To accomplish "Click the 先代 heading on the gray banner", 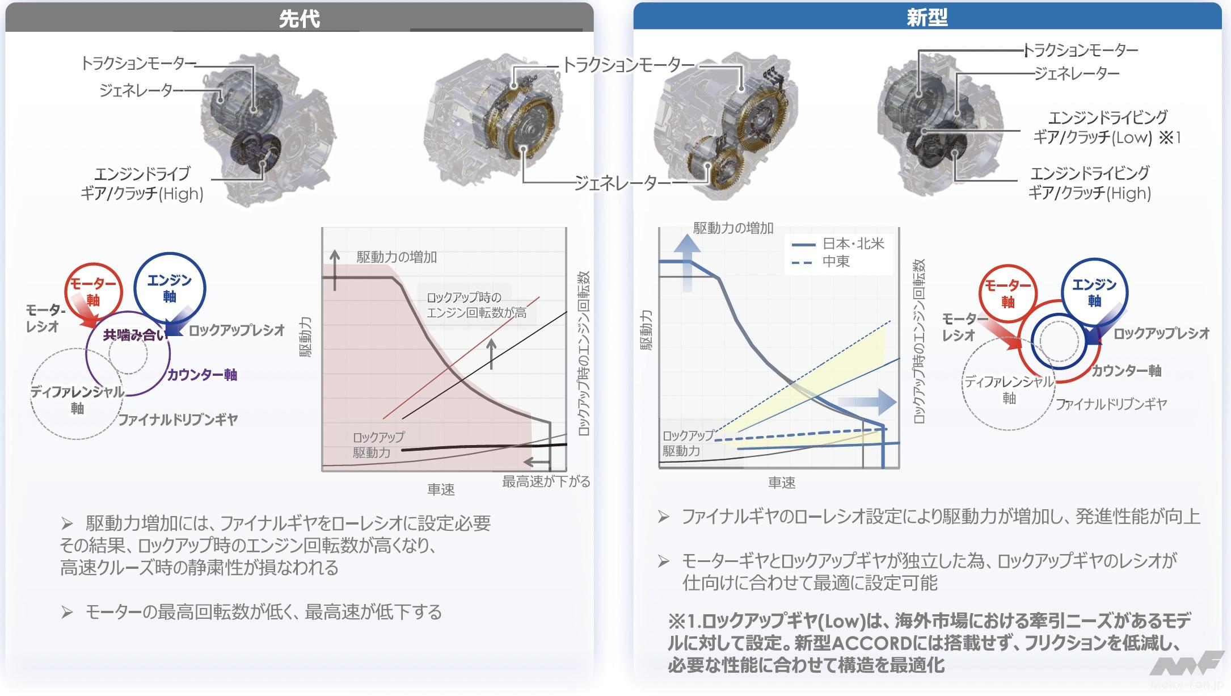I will coord(299,19).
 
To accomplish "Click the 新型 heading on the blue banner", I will coord(927,18).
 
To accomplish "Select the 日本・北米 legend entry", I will coord(853,244).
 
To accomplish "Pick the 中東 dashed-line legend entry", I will coord(836,262).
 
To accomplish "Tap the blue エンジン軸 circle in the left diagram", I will coord(170,288).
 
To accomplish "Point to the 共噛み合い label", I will coord(134,335).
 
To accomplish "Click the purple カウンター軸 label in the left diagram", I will coord(202,375).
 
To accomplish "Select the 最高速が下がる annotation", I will coord(546,482).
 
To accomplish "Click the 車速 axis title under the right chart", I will coord(782,483).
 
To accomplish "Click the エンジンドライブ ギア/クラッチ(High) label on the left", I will coord(142,183).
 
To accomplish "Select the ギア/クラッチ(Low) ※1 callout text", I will coord(1106,137).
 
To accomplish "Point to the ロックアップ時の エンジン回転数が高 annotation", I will coord(476,305).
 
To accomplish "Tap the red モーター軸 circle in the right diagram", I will coord(1007,294).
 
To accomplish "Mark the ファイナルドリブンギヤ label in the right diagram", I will coord(1111,404).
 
